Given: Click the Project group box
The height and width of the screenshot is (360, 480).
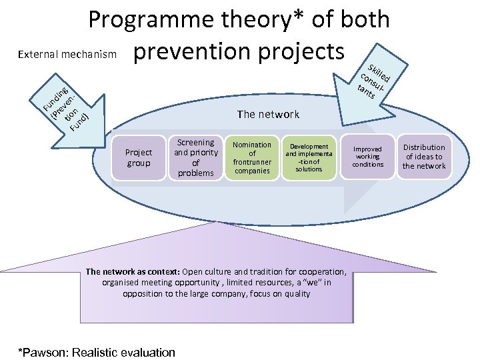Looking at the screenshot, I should pyautogui.click(x=139, y=158).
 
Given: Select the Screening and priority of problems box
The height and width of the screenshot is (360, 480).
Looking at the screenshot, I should pyautogui.click(x=195, y=158).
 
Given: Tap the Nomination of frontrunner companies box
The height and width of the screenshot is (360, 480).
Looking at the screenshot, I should pyautogui.click(x=252, y=158).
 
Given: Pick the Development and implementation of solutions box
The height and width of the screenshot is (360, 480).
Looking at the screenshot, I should pyautogui.click(x=309, y=158).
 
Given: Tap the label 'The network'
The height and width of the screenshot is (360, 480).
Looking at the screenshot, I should pyautogui.click(x=268, y=114).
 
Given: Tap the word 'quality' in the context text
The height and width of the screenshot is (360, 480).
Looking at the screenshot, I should pyautogui.click(x=296, y=293).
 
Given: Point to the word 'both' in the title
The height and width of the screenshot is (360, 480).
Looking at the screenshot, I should pyautogui.click(x=363, y=20).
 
